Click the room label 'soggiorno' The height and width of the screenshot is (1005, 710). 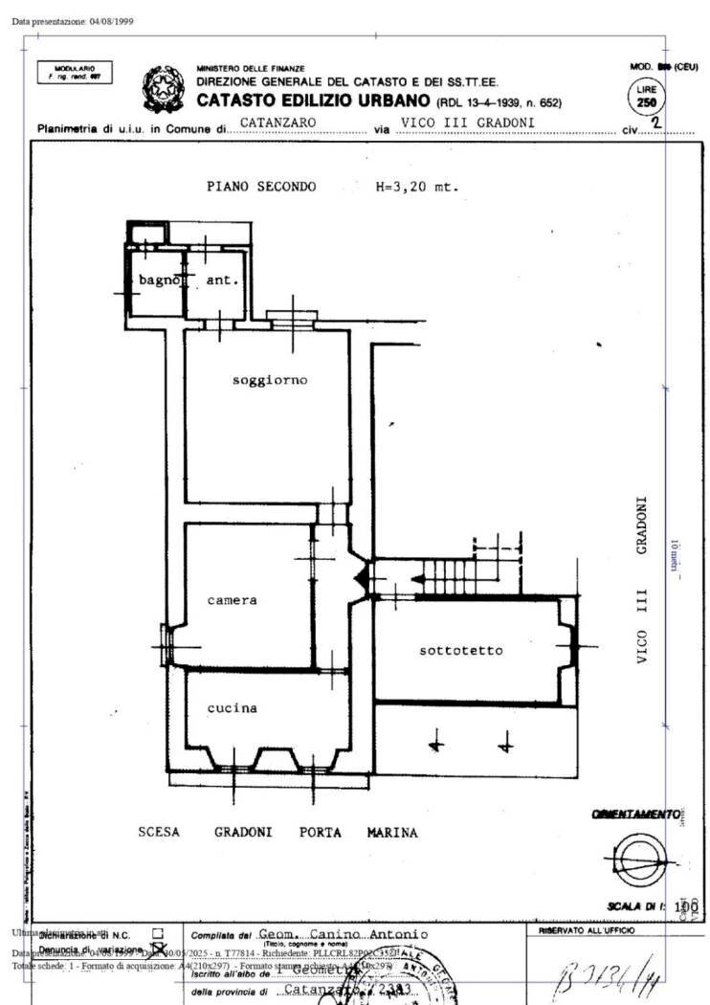270,380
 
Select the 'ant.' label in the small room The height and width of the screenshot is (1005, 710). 222,280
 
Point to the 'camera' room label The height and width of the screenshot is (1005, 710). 233,600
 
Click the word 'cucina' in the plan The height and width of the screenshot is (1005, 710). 233,708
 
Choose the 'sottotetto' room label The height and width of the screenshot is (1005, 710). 461,651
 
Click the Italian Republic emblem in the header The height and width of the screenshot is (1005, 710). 162,89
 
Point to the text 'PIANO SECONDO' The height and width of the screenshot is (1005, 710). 260,187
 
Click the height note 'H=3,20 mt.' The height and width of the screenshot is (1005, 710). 416,187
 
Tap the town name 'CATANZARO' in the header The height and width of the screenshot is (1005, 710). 278,123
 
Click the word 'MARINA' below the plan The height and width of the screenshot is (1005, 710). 392,833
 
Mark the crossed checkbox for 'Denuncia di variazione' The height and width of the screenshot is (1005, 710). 146,948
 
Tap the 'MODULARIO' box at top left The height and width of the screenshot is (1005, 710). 74,73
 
